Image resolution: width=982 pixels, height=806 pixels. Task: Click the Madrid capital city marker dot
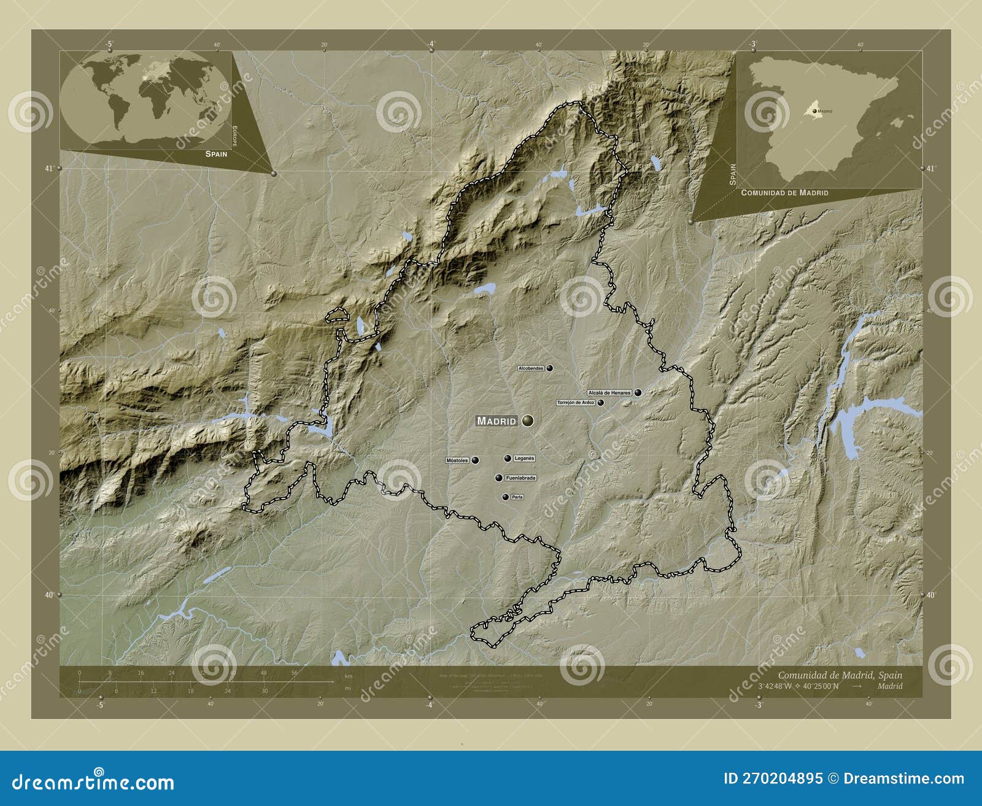coord(528,420)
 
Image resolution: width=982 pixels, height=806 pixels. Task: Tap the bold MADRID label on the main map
coord(497,421)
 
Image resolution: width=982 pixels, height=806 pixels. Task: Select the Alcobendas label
coord(531,368)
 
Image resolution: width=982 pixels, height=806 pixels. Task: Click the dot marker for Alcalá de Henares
coord(638,392)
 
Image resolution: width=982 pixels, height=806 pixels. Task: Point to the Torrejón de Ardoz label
coord(576,403)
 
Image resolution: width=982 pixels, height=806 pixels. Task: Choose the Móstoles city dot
coord(475,460)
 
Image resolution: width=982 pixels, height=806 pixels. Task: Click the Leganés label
coord(524,458)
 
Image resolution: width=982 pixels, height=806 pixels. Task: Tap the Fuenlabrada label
coord(520,478)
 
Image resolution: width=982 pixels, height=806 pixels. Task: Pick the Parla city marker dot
coord(505,497)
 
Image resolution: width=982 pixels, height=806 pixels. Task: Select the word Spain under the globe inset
coord(216,154)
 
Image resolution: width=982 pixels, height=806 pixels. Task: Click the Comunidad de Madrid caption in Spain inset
coord(784,193)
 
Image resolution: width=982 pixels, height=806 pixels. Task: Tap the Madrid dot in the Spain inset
coord(814,111)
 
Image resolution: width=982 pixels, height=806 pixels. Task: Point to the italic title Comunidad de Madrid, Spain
coord(840,675)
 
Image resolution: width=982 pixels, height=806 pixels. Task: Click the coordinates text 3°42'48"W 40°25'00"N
coord(798,686)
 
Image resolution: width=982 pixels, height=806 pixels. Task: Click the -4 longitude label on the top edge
coord(431,44)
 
